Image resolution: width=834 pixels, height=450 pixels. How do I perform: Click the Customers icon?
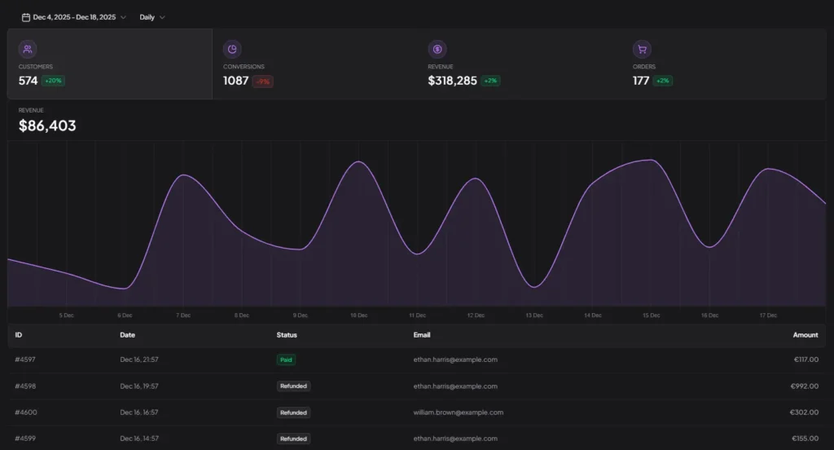pyautogui.click(x=28, y=50)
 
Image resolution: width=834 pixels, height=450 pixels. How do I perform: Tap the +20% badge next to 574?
pyautogui.click(x=54, y=82)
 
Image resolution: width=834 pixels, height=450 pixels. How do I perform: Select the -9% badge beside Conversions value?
pyautogui.click(x=262, y=82)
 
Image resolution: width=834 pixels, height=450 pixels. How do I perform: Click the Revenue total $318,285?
pyautogui.click(x=452, y=81)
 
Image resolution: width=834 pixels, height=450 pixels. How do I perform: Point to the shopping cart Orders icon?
pyautogui.click(x=642, y=50)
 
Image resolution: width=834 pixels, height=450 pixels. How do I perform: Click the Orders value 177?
pyautogui.click(x=641, y=81)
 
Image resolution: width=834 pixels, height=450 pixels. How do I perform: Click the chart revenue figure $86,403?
pyautogui.click(x=47, y=126)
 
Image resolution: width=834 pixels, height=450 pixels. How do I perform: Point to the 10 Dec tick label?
pyautogui.click(x=358, y=315)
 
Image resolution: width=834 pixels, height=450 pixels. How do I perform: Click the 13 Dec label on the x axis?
pyautogui.click(x=534, y=315)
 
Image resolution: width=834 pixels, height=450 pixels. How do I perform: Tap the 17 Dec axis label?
pyautogui.click(x=768, y=315)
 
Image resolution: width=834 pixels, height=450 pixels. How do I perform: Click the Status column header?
pyautogui.click(x=287, y=335)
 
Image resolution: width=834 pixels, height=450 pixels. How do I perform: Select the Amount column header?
pyautogui.click(x=805, y=335)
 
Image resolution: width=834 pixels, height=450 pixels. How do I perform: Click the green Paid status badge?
pyautogui.click(x=286, y=360)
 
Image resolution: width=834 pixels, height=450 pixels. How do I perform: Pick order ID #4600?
pyautogui.click(x=25, y=412)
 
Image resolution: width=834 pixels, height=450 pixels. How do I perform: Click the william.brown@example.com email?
pyautogui.click(x=458, y=412)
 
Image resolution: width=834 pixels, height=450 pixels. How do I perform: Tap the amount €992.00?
pyautogui.click(x=804, y=386)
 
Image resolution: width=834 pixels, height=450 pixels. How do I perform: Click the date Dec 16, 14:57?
pyautogui.click(x=139, y=439)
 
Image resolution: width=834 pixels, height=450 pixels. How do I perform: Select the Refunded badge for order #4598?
pyautogui.click(x=293, y=386)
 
